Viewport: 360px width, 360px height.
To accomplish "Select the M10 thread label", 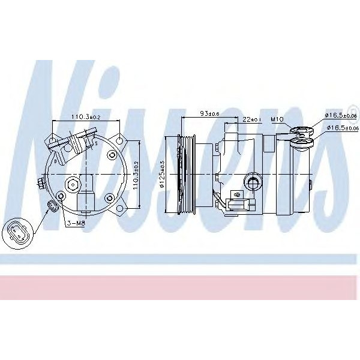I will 277,119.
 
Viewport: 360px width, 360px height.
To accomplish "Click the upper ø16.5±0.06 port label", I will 340,115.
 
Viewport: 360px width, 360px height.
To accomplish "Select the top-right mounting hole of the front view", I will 120,142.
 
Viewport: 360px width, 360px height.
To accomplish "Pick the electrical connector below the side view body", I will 235,204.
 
